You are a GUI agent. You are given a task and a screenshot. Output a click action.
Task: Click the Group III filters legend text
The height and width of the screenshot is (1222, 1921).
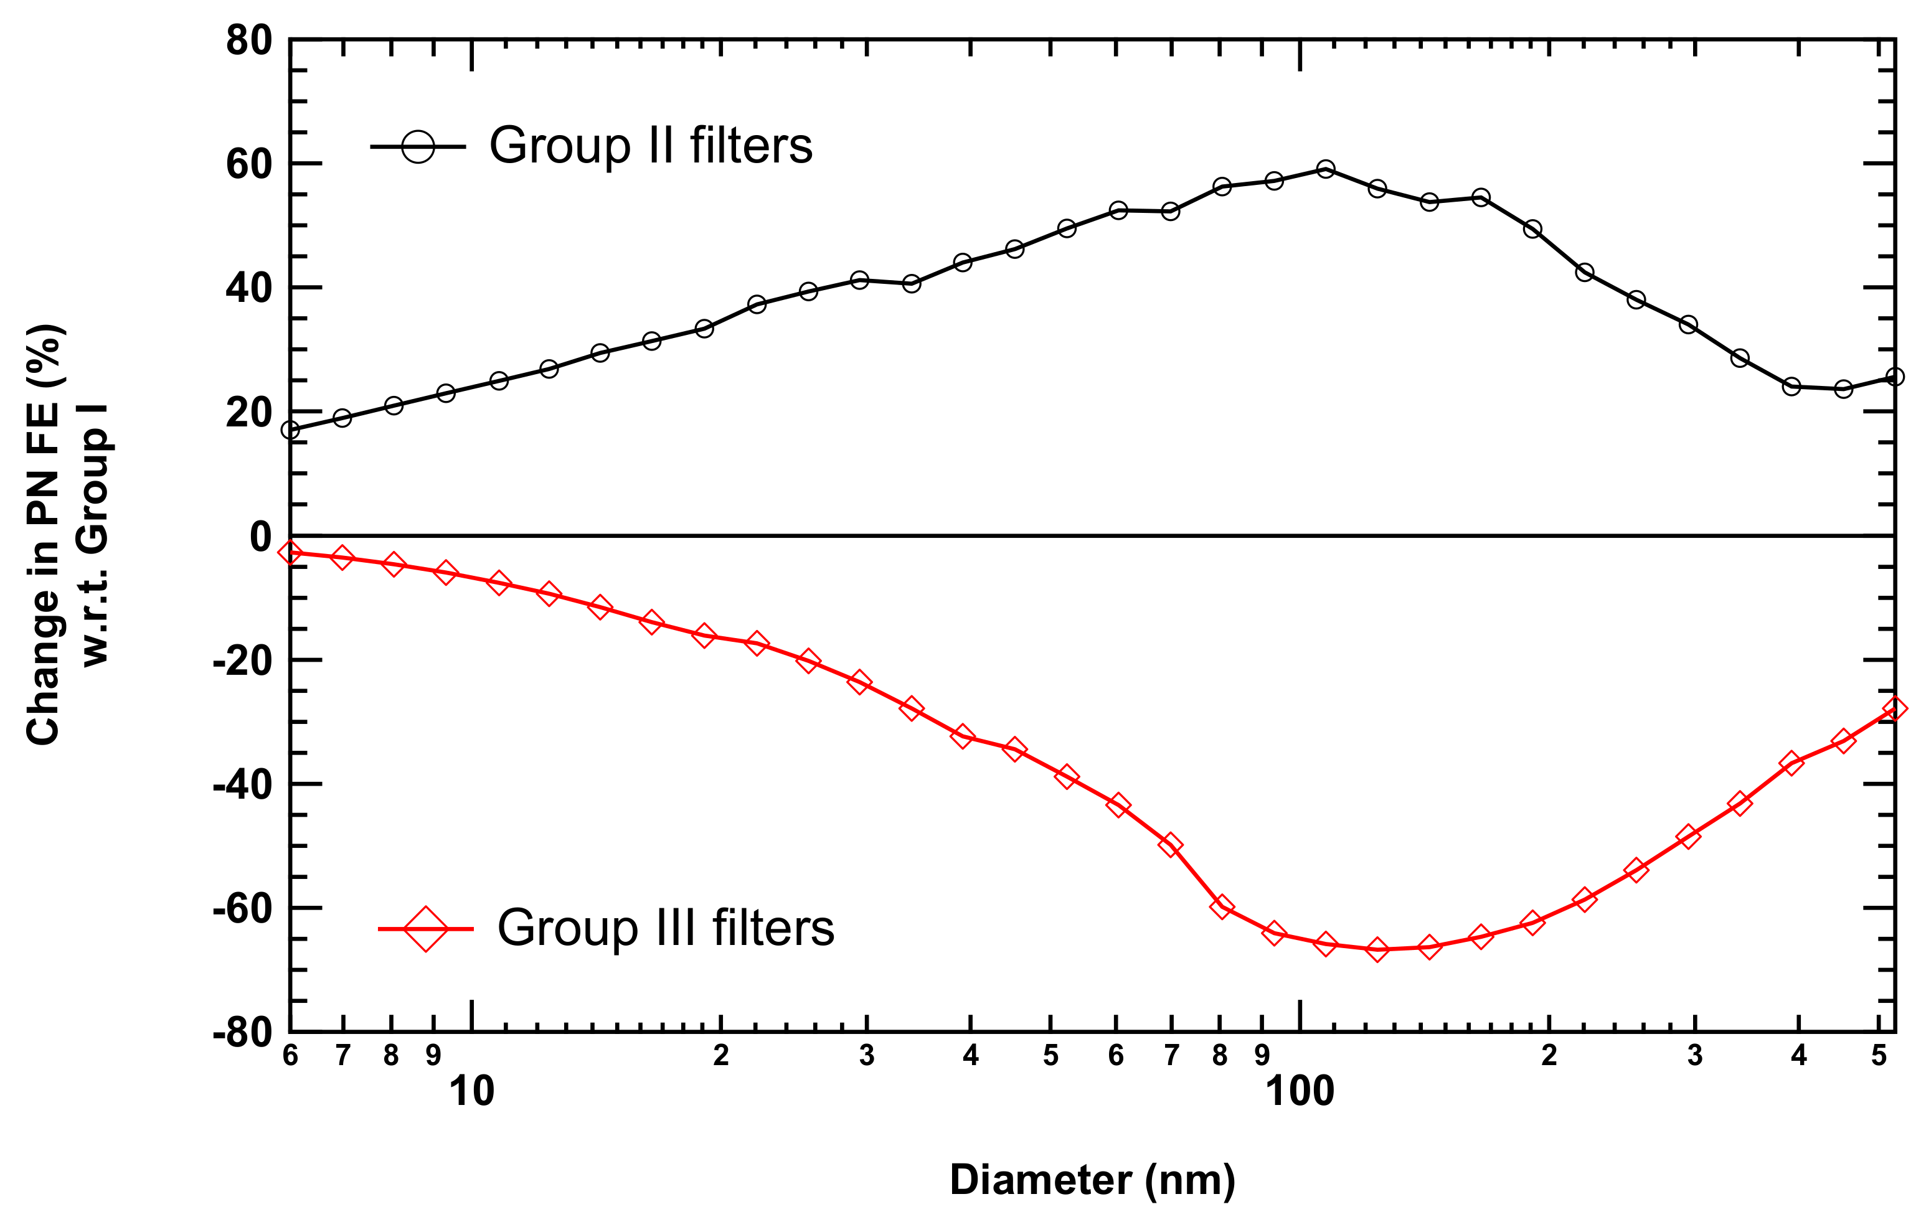pos(665,928)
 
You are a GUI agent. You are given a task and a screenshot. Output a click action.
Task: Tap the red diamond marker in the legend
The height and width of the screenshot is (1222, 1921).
pos(426,928)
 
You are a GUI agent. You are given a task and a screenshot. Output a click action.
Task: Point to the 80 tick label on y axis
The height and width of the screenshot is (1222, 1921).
pos(248,40)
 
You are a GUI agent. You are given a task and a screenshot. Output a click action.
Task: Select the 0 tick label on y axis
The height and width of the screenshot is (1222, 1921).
pos(260,537)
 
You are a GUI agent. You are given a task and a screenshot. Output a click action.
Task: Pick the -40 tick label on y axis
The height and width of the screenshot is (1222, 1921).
pos(242,786)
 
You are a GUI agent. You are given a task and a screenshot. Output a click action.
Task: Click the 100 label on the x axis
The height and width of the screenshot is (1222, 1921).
pos(1300,1091)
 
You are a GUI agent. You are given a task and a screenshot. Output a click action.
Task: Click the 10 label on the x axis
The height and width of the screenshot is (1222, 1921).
pos(471,1091)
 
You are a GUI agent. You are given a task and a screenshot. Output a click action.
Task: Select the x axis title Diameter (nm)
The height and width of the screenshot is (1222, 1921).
pos(1092,1180)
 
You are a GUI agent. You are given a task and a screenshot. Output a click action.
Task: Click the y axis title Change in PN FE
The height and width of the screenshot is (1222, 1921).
pos(45,534)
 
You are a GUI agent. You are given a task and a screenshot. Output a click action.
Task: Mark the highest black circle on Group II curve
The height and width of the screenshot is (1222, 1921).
pos(1325,169)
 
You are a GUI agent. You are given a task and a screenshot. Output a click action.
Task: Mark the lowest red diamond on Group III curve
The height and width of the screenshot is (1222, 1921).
pos(1377,949)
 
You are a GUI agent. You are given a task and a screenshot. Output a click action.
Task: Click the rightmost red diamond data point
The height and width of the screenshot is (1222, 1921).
pos(1895,708)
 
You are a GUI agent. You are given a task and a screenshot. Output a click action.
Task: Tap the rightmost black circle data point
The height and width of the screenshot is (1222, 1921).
pos(1895,377)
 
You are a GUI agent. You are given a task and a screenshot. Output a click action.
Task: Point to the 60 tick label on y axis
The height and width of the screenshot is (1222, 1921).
pos(248,165)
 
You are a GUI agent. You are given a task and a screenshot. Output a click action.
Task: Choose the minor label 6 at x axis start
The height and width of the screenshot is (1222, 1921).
pos(290,1056)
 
